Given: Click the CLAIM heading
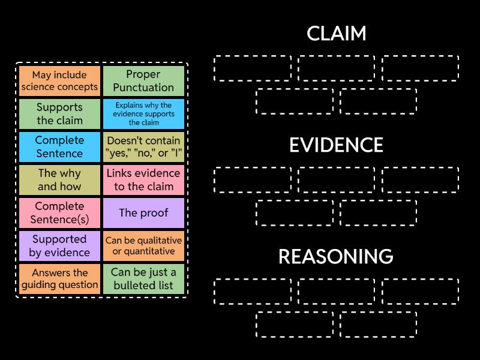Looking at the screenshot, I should point(336,34).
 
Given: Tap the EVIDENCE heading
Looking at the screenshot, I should point(336,145).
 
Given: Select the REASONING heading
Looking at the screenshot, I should point(336,257).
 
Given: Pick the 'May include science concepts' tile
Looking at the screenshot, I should point(59,81).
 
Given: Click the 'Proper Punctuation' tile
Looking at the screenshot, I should point(143,81).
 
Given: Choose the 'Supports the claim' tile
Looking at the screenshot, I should point(59,114).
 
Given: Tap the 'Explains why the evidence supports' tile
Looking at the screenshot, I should point(143,114).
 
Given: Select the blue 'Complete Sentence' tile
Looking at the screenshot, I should point(59,147).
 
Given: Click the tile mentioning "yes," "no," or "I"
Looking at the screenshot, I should point(143,147).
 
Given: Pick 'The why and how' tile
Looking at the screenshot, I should point(59,180).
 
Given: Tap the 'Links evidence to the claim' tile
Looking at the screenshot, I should point(143,180).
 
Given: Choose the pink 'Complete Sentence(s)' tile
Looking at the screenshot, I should point(59,213).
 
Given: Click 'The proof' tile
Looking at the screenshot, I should point(143,213).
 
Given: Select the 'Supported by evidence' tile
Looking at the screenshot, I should point(59,246).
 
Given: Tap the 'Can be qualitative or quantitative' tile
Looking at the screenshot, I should point(143,246).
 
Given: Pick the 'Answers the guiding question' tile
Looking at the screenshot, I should point(59,279).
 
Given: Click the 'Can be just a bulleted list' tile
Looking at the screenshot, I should point(143,279).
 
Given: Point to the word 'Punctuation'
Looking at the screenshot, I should point(143,88).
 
